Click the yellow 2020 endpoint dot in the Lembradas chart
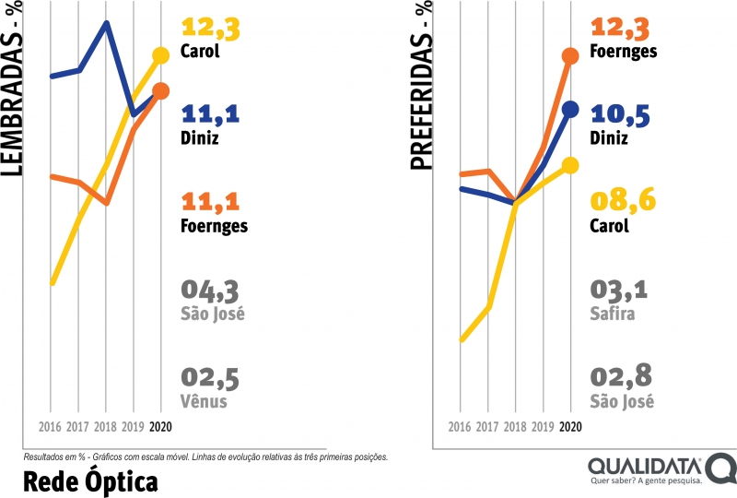[161, 56]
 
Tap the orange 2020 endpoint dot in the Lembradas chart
[161, 90]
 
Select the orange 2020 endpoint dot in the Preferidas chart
[570, 56]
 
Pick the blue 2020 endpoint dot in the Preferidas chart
[570, 110]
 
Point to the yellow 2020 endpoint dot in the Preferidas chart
[570, 165]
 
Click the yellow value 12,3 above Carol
[211, 29]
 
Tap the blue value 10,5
[620, 114]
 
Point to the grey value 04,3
[211, 291]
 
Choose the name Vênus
[204, 401]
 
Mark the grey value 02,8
[620, 378]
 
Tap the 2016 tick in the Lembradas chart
[52, 427]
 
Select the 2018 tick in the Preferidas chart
[516, 427]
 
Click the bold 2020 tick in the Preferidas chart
[570, 427]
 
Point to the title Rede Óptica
[88, 480]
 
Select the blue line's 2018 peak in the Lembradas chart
[107, 23]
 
